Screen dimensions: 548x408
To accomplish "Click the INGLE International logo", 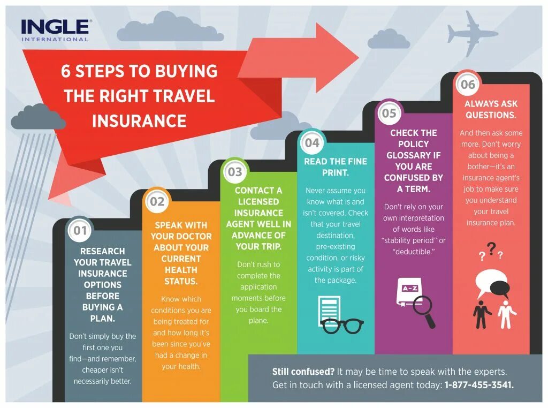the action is pyautogui.click(x=56, y=30).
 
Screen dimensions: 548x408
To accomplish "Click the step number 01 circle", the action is pyautogui.click(x=80, y=231).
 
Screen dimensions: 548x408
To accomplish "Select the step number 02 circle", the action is pyautogui.click(x=157, y=202).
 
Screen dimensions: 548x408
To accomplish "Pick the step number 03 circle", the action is pyautogui.click(x=235, y=172).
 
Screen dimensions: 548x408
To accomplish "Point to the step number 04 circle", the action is pyautogui.click(x=312, y=143).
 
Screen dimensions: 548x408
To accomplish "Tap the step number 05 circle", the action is pyautogui.click(x=389, y=113).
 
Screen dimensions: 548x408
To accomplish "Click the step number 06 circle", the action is pyautogui.click(x=467, y=85).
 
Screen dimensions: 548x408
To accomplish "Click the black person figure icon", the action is pyautogui.click(x=483, y=313).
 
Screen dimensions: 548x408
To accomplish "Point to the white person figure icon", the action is pyautogui.click(x=506, y=314).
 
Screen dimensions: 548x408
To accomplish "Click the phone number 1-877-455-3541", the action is pyautogui.click(x=479, y=385).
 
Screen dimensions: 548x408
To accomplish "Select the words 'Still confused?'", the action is pyautogui.click(x=303, y=371).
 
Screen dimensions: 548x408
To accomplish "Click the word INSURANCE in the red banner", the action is pyautogui.click(x=139, y=120).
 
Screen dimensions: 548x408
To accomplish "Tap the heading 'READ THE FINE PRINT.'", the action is pyautogui.click(x=335, y=167).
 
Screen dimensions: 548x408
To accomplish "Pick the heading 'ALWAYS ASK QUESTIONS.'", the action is pyautogui.click(x=491, y=109).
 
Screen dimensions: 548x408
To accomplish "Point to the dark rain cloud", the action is pyautogui.click(x=37, y=118).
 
